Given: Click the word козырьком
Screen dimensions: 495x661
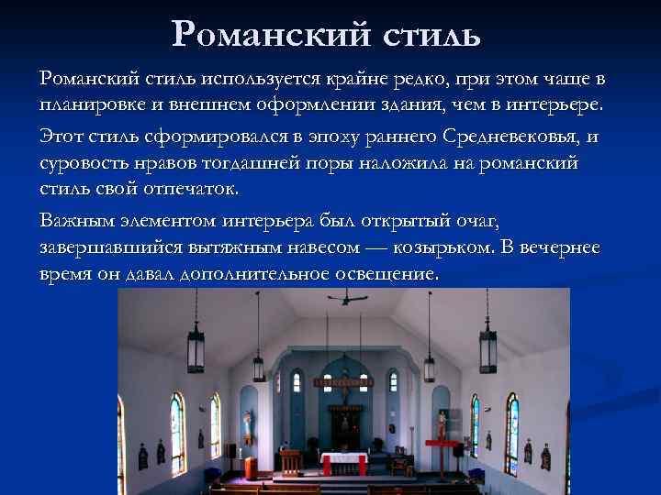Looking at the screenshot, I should coord(443,248).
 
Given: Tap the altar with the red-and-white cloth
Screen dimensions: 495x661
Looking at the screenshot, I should coord(344,462).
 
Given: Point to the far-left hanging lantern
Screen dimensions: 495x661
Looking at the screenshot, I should coord(196,349).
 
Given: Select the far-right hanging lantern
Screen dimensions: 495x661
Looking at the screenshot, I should coord(487,349).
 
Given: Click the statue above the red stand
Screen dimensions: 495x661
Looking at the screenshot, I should coord(441,423).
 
